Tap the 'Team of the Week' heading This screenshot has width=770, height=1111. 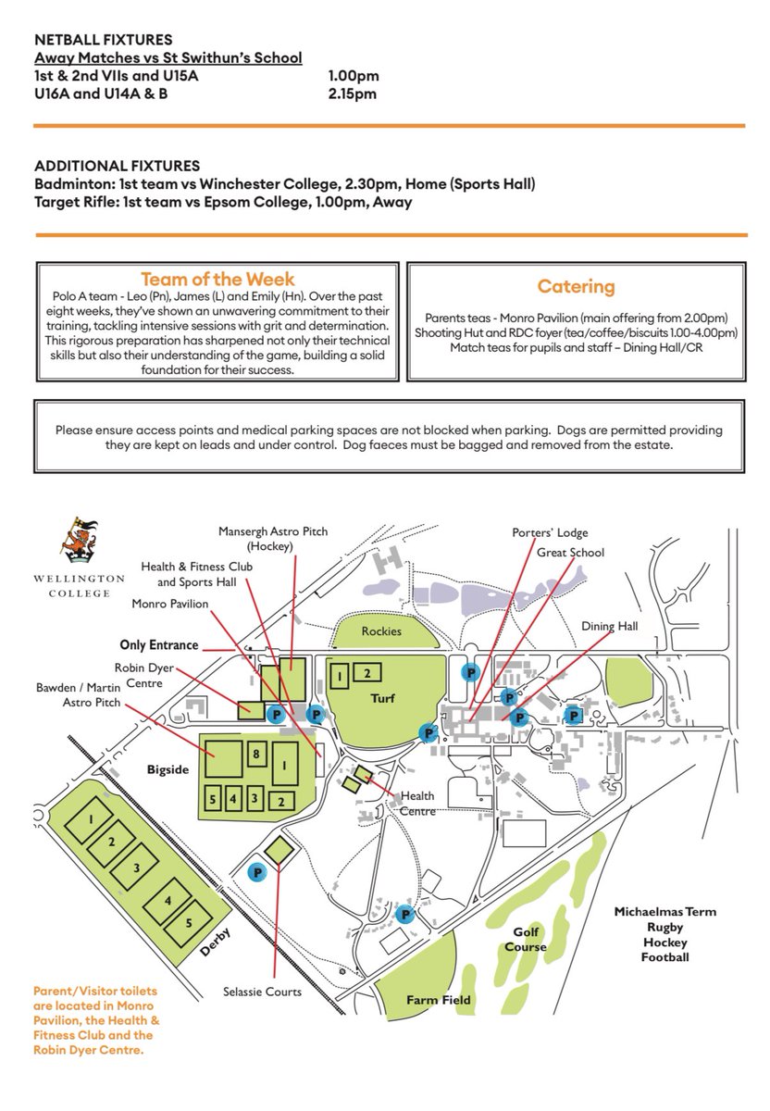point(217,280)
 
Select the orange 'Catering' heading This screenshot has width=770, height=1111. point(576,286)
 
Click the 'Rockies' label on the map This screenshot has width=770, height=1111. point(381,631)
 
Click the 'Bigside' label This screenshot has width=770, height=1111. point(168,768)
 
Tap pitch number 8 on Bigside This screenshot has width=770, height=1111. point(256,754)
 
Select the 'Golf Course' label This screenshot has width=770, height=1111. point(525,941)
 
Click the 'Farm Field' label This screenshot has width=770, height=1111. point(439,1000)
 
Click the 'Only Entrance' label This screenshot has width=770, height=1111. point(159,644)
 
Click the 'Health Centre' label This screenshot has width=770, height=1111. point(416,804)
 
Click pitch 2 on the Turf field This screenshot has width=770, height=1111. point(366,673)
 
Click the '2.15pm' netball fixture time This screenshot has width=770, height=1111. point(353,94)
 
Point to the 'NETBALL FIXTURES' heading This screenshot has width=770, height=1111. point(103,40)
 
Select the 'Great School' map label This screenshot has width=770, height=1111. point(570,553)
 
